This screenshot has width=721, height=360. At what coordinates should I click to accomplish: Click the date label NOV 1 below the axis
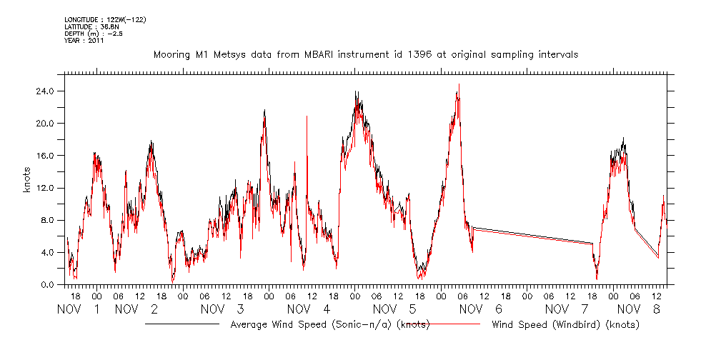click(x=78, y=309)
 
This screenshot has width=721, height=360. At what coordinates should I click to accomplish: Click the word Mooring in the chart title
click(x=171, y=55)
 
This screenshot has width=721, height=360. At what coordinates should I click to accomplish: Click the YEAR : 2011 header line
click(x=84, y=41)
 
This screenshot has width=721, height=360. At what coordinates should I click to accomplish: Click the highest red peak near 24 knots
click(x=459, y=85)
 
